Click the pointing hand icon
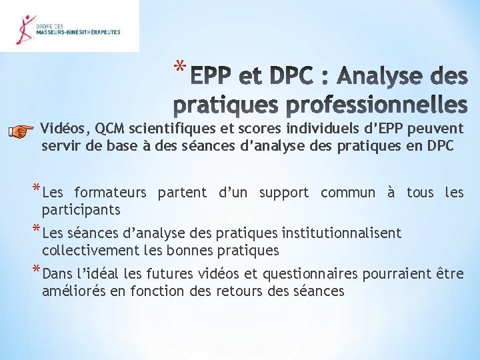pos(22,131)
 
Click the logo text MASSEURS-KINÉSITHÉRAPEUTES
pos(78,32)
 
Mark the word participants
pos(81,210)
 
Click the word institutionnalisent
pos(341,234)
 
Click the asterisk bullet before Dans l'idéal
pos(35,271)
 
